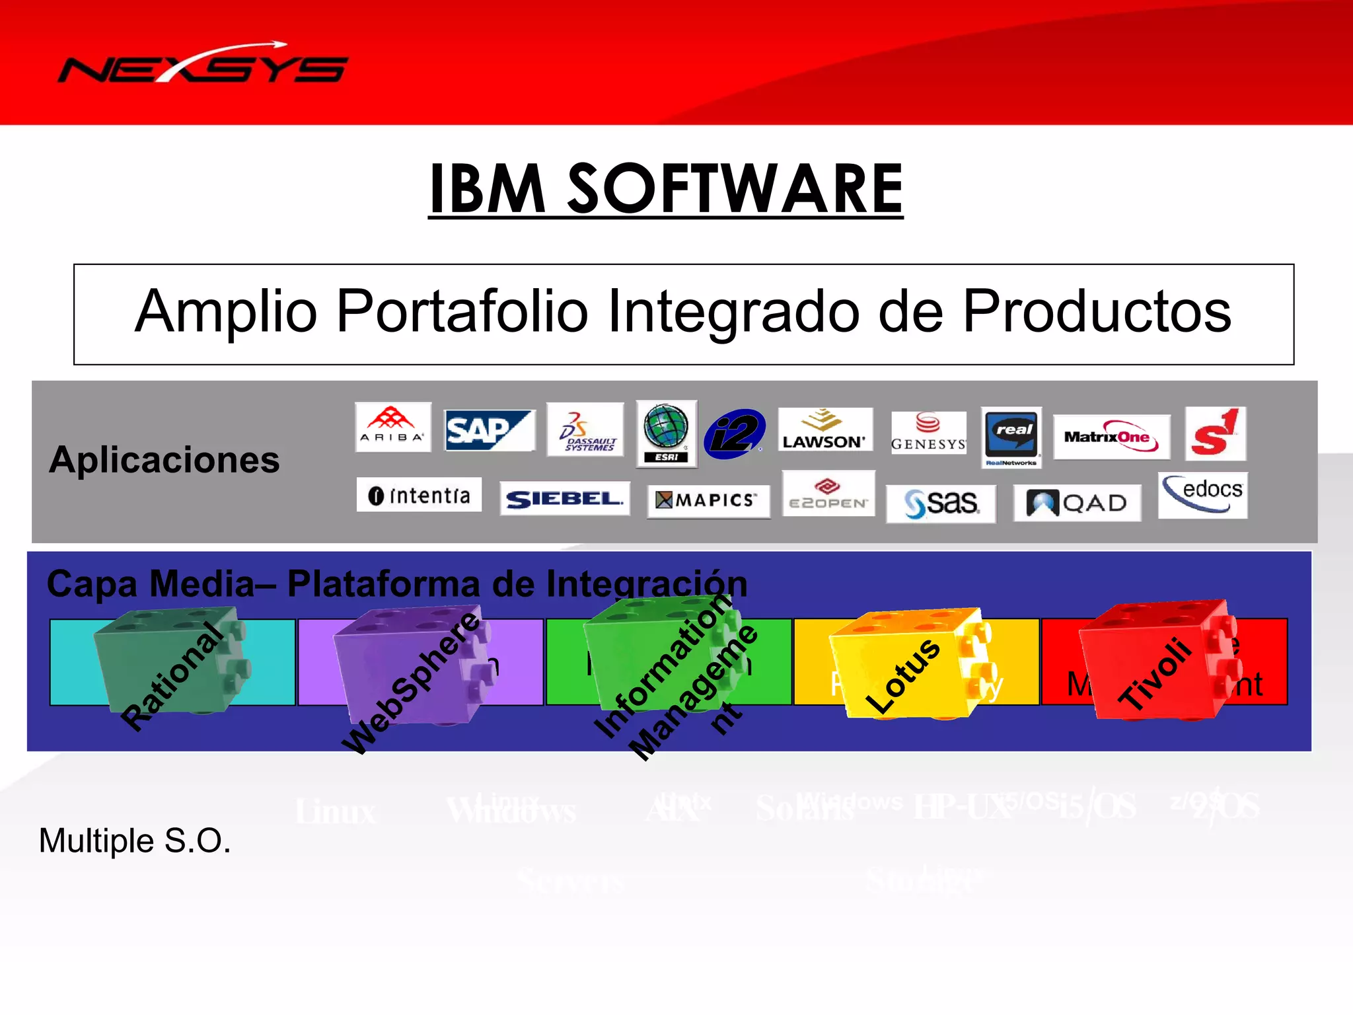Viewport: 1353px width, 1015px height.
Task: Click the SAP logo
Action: (x=489, y=430)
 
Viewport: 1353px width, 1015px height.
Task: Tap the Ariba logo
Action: (x=392, y=427)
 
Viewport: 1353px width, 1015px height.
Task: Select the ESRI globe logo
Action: (x=666, y=433)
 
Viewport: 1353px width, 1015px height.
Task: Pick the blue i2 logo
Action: (x=734, y=433)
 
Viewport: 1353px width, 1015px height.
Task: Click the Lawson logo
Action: (x=824, y=430)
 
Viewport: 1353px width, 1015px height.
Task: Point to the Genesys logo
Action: (x=928, y=432)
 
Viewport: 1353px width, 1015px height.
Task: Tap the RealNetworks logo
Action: (x=1011, y=436)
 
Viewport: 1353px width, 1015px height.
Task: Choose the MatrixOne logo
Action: (x=1111, y=437)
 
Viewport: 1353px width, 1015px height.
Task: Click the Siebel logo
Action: (x=564, y=498)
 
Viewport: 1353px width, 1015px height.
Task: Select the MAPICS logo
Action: (x=708, y=500)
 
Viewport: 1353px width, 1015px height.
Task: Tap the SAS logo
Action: (x=941, y=504)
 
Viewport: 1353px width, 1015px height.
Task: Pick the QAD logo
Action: (x=1077, y=503)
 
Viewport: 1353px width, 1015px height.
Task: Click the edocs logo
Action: (x=1202, y=494)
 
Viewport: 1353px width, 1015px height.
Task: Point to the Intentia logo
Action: (x=419, y=495)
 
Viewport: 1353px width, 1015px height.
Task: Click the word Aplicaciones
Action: (x=165, y=460)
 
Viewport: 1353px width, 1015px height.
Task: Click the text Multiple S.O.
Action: (x=135, y=841)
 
